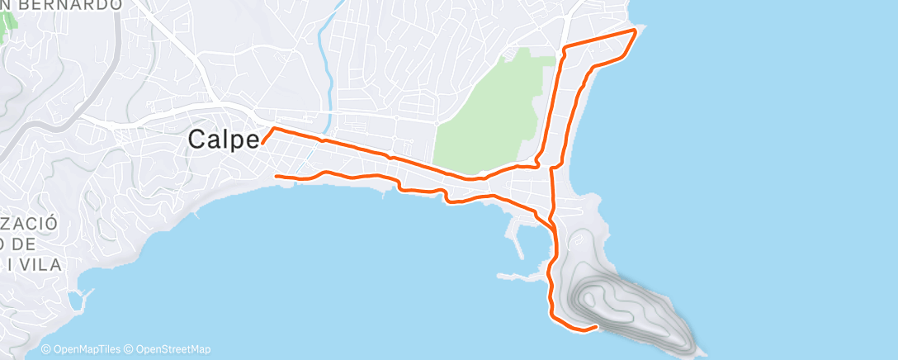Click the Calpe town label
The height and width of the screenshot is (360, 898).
224,140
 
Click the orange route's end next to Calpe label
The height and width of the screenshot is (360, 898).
262,143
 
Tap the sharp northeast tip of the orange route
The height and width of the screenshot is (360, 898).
636,31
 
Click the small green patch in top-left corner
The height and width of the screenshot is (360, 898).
9,26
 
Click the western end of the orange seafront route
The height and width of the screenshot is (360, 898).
276,176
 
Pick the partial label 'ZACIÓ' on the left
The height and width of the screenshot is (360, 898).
30,224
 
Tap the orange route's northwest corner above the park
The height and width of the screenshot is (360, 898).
564,49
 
